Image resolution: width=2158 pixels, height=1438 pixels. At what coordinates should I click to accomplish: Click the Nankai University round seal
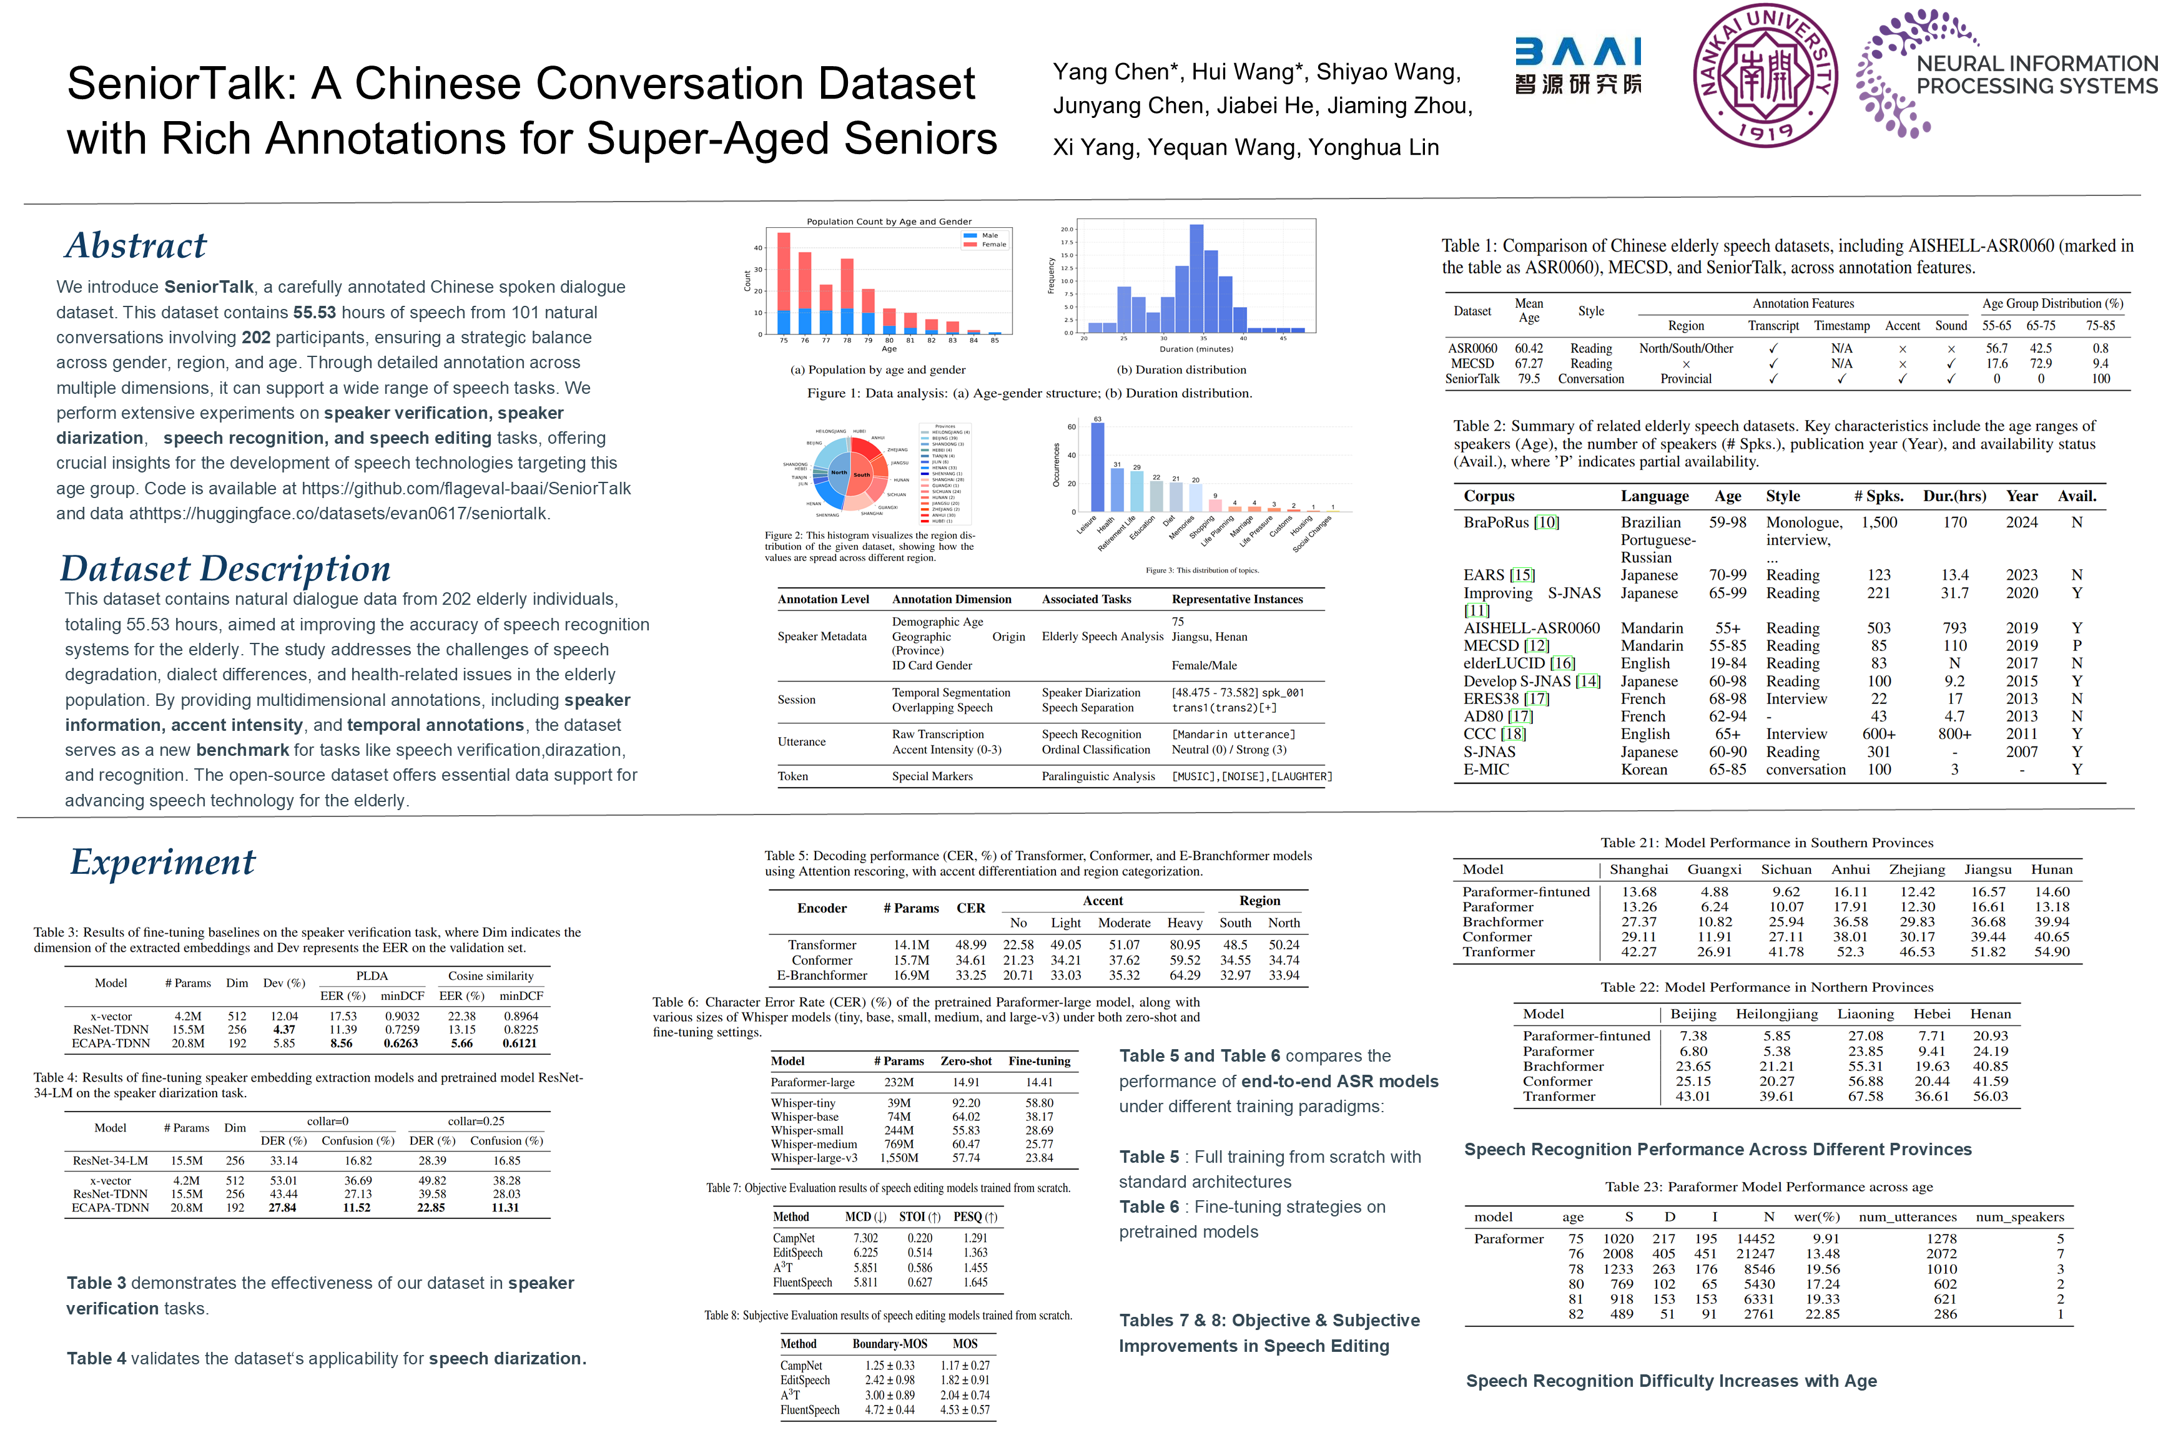pyautogui.click(x=1765, y=75)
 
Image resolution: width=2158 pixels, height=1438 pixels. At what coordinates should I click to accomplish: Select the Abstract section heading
pyautogui.click(x=135, y=246)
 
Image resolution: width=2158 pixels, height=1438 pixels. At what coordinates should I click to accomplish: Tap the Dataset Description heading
pyautogui.click(x=225, y=569)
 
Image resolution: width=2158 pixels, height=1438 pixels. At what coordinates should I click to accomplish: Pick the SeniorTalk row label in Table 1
pyautogui.click(x=1472, y=379)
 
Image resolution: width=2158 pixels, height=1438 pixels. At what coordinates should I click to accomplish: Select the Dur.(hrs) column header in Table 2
pyautogui.click(x=1954, y=496)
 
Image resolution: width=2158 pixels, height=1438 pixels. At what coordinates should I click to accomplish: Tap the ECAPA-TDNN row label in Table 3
pyautogui.click(x=111, y=1043)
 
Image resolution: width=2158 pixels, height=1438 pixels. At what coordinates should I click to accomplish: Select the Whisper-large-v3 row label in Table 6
pyautogui.click(x=814, y=1158)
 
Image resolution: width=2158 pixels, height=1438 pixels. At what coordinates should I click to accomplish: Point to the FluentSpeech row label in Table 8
pyautogui.click(x=809, y=1409)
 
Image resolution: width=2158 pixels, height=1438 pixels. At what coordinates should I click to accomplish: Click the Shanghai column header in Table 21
pyautogui.click(x=1638, y=869)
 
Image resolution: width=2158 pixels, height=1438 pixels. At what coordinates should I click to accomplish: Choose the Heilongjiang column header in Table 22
pyautogui.click(x=1776, y=1014)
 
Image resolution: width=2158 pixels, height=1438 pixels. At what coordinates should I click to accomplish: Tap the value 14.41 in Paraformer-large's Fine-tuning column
pyautogui.click(x=1038, y=1082)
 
